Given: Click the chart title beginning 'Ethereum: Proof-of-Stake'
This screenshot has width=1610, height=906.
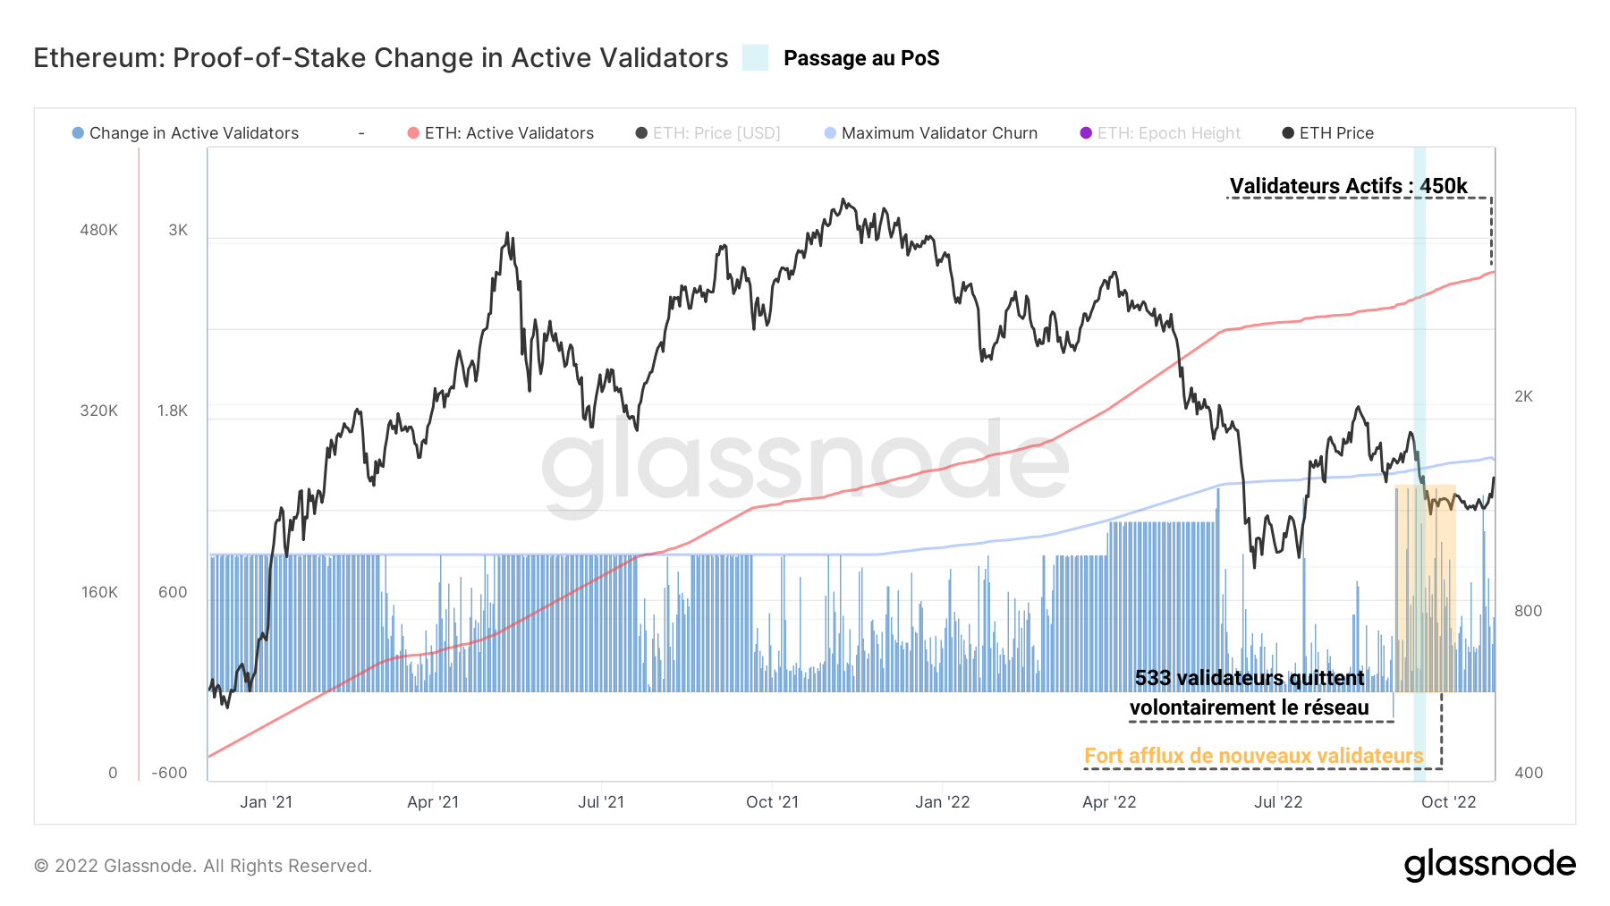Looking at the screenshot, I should (x=381, y=58).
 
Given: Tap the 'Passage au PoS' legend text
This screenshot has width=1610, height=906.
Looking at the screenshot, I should (x=860, y=58).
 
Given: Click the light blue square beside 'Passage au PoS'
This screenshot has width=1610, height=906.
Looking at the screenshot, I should (x=755, y=58).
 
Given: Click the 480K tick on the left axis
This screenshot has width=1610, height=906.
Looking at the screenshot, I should (x=98, y=230).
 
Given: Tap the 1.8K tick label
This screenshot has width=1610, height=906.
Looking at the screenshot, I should (x=173, y=411).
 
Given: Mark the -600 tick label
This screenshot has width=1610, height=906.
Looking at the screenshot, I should (x=169, y=773).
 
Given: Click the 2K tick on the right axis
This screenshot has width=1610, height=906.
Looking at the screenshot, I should (x=1523, y=396).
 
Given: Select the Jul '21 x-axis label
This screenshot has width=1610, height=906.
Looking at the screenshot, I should (x=601, y=802).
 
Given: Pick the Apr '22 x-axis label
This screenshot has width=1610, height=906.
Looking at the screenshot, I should (x=1109, y=802).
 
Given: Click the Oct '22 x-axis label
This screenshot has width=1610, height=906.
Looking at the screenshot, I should (x=1448, y=802).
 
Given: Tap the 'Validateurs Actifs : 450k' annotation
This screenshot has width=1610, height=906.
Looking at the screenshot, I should (x=1348, y=186).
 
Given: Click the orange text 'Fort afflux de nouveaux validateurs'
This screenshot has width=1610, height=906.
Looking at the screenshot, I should (x=1253, y=756).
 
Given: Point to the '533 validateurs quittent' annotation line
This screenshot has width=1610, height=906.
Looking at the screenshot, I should (x=1250, y=678).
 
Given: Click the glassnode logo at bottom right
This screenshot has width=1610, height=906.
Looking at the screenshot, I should (x=1489, y=865).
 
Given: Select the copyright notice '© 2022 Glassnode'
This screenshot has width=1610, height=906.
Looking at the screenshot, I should (x=203, y=866).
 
